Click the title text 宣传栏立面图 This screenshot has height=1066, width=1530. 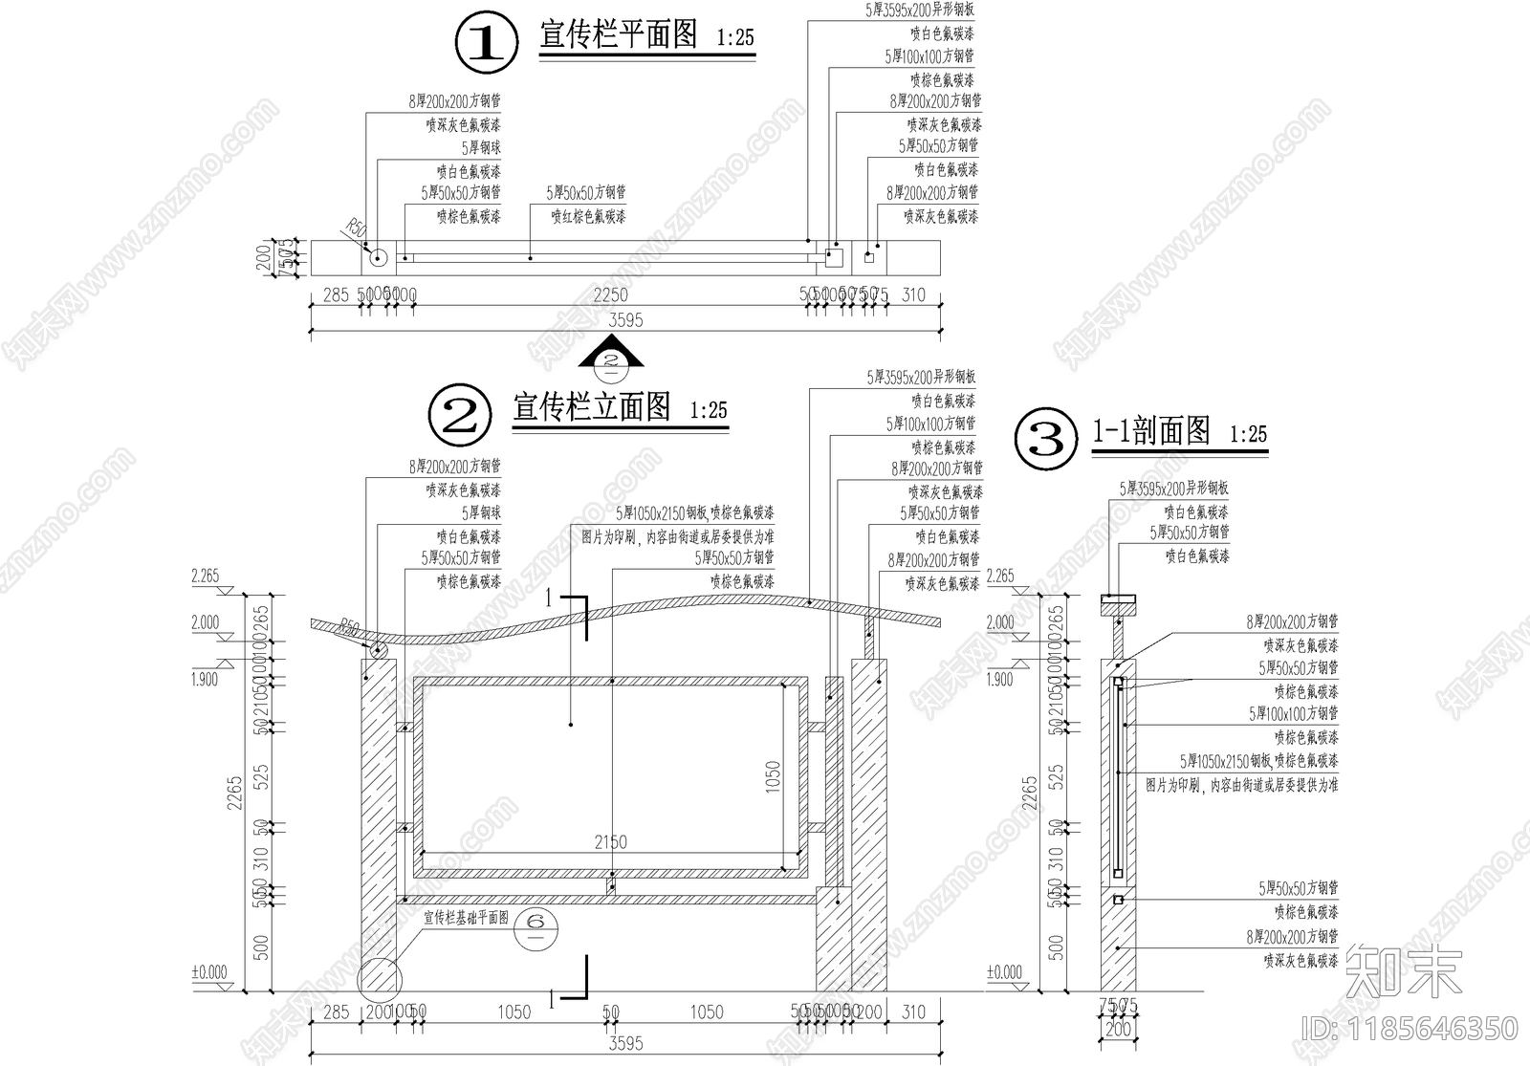click(592, 407)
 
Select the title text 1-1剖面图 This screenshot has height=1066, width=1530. click(1151, 431)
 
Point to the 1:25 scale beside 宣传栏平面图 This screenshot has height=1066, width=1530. click(735, 38)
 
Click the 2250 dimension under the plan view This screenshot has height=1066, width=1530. click(610, 295)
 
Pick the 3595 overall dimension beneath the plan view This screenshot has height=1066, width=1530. click(625, 320)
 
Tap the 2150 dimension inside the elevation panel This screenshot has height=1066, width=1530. click(610, 842)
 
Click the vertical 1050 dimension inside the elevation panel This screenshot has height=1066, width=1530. click(774, 776)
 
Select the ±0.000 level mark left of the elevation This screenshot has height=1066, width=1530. click(209, 972)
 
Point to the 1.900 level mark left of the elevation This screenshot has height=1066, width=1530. click(205, 680)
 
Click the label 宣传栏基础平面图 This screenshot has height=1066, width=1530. click(467, 918)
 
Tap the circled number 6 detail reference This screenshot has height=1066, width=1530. click(535, 922)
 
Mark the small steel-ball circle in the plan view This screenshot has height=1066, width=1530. click(377, 256)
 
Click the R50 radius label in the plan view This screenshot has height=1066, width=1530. click(355, 228)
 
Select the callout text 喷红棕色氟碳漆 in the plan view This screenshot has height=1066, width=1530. click(588, 217)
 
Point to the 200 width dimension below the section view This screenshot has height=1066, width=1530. click(1118, 1030)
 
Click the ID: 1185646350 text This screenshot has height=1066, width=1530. click(1410, 1029)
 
